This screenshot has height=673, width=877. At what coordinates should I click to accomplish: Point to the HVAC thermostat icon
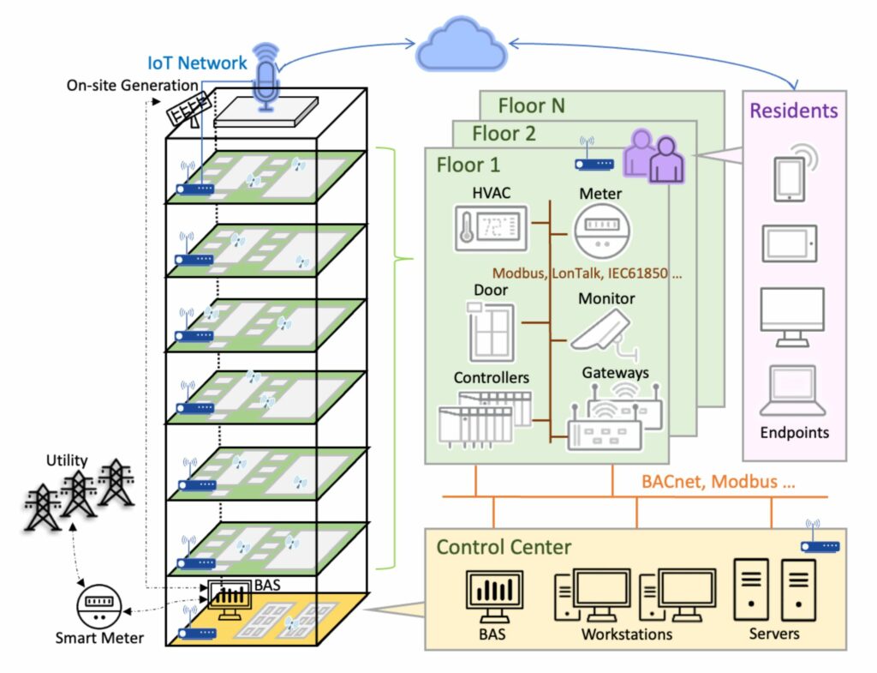point(491,227)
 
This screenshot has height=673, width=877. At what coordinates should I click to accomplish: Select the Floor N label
point(532,106)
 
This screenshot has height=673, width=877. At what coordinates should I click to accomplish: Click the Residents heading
point(794,111)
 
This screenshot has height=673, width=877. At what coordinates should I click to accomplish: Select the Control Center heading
point(504,547)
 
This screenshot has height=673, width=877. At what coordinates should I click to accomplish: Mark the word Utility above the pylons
point(67,461)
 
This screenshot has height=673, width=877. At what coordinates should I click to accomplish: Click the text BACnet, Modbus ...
point(718,482)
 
